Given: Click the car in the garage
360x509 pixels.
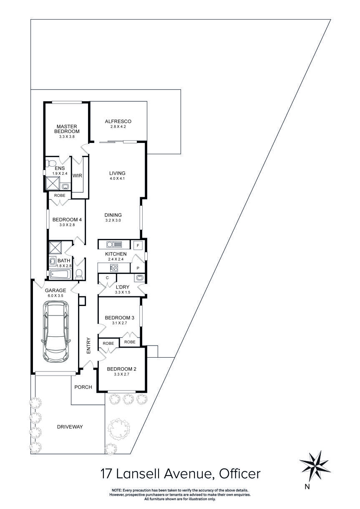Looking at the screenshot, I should [x=56, y=332].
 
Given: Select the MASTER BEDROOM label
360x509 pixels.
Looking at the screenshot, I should [x=67, y=129].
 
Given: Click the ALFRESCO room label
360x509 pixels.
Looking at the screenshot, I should [x=118, y=121].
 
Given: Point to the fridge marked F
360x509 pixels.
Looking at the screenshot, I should [x=137, y=244].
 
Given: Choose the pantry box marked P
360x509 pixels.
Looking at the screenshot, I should [x=137, y=268].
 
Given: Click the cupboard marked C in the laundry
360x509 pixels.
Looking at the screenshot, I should [x=107, y=278].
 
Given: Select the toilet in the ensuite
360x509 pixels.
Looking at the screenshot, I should [x=51, y=162].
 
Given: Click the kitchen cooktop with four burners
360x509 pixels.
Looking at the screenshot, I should [x=113, y=268].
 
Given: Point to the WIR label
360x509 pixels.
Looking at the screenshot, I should [x=77, y=176].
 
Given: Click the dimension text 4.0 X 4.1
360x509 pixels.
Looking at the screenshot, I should [x=117, y=179].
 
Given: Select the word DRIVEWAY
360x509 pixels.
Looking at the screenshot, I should [x=70, y=427].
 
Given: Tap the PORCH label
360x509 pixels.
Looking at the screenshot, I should [x=83, y=387].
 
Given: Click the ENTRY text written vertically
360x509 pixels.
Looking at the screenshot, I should [x=88, y=346].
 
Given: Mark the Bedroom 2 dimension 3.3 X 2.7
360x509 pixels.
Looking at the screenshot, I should [x=121, y=375].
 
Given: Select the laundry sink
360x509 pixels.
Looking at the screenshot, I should [x=139, y=278].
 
